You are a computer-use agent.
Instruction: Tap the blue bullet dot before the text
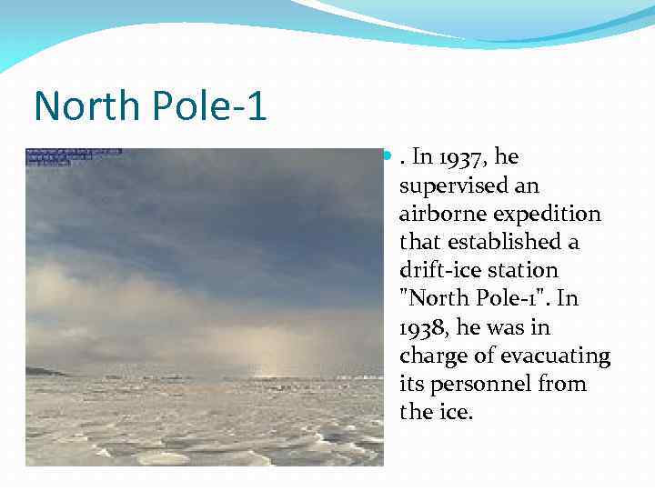pyautogui.click(x=388, y=156)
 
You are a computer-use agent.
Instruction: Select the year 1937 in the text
pyautogui.click(x=465, y=157)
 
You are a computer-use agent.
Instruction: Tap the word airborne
pyautogui.click(x=439, y=214)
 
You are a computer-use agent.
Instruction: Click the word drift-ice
pyautogui.click(x=438, y=271)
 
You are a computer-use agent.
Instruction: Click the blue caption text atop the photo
pyautogui.click(x=73, y=155)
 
